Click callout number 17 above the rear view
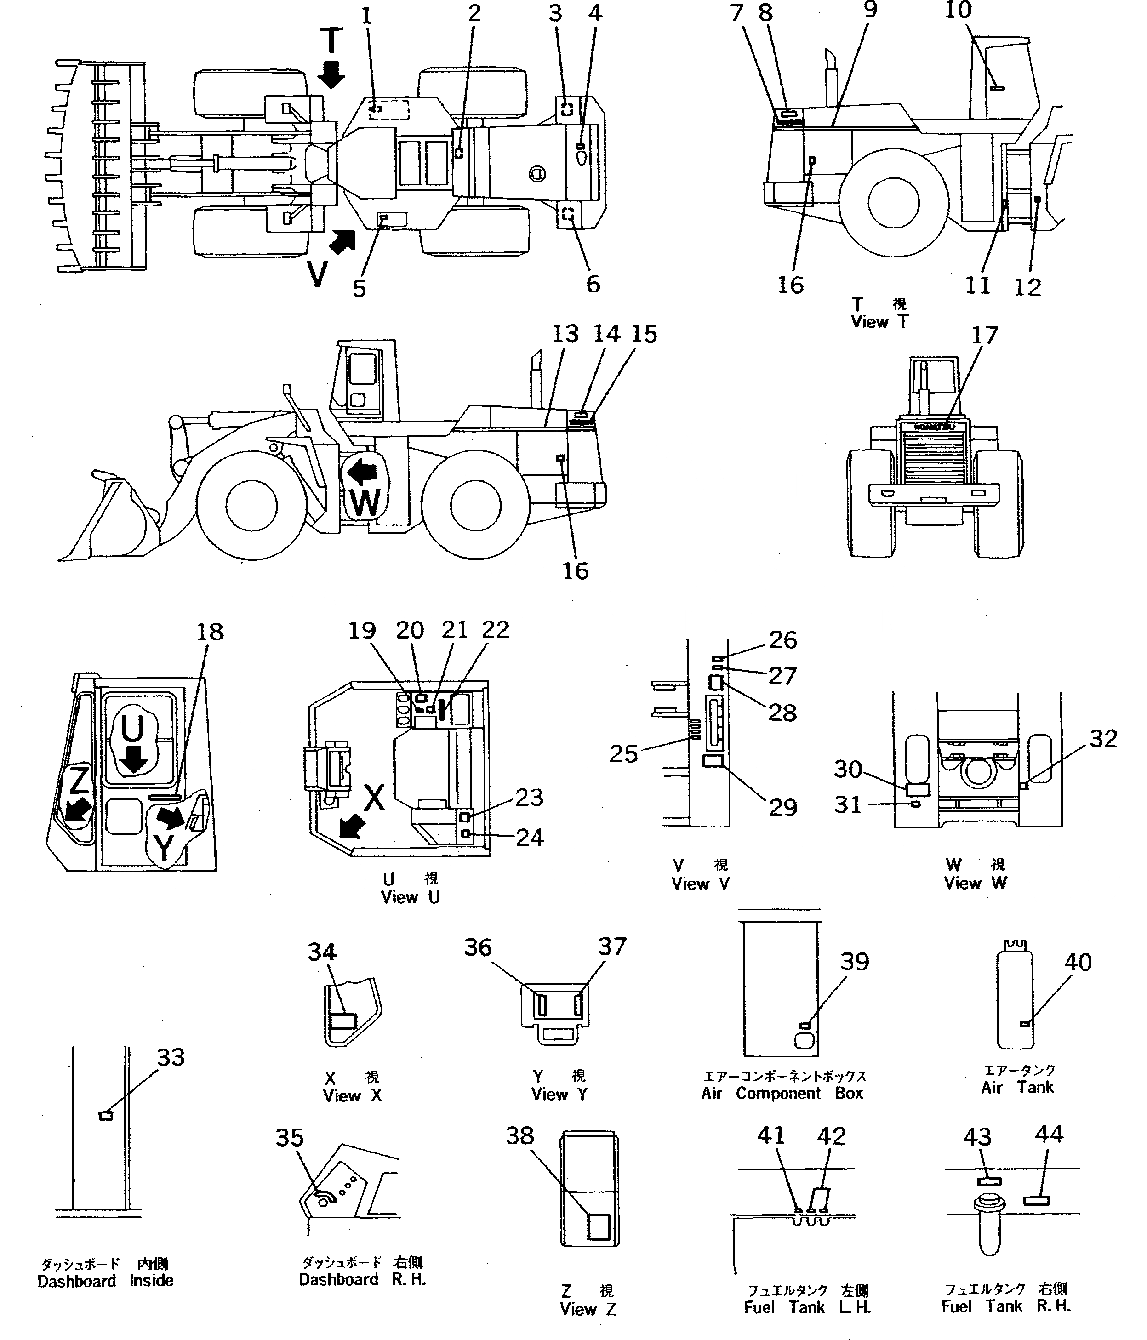[984, 335]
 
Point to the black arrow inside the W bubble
[362, 474]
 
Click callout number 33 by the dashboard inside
[171, 1057]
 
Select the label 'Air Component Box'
[782, 1094]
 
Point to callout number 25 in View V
[623, 753]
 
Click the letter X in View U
[374, 798]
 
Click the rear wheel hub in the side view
[475, 506]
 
